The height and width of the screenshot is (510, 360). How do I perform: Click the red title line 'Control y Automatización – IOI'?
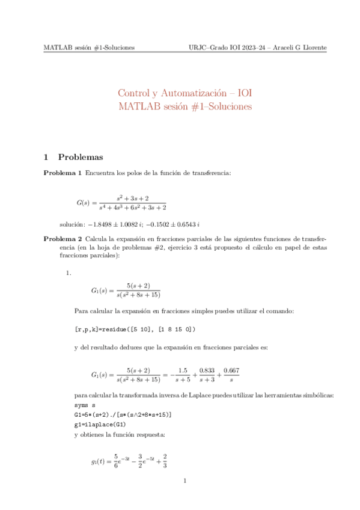point(185,93)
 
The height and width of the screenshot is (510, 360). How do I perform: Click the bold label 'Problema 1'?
point(63,174)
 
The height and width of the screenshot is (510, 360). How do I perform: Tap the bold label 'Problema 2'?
point(63,239)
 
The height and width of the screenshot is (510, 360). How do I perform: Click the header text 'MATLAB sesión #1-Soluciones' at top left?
point(88,48)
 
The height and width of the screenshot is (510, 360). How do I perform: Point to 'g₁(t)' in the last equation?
point(98,462)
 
